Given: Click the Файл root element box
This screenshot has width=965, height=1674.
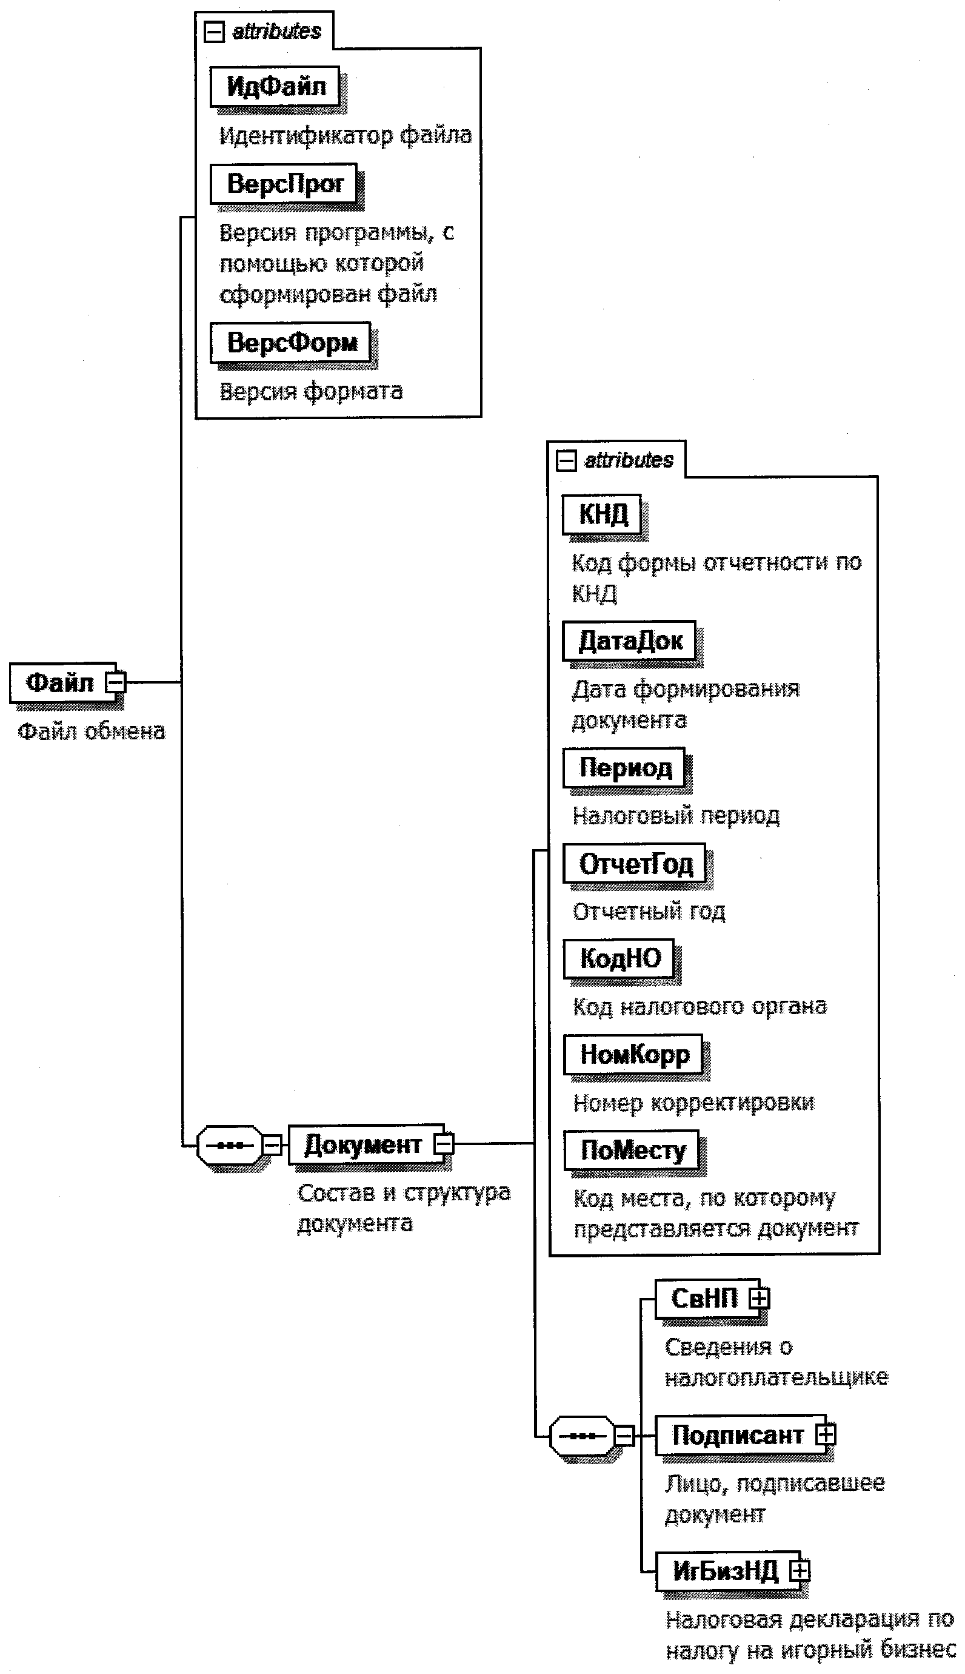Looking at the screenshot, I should click(59, 682).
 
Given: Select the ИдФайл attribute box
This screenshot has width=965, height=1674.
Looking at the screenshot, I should click(275, 86).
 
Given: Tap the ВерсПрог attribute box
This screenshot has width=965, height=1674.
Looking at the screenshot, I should click(284, 184).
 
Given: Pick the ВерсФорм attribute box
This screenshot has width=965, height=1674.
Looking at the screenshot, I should click(290, 342).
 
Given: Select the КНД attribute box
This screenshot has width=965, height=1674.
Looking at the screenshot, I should click(602, 514).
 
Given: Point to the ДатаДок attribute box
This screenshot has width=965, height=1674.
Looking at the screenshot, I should click(629, 640).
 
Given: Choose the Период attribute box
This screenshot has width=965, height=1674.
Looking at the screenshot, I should click(624, 768).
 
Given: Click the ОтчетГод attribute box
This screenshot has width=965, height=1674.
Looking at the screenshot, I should click(634, 863).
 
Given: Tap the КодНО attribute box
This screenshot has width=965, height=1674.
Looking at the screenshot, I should click(619, 959).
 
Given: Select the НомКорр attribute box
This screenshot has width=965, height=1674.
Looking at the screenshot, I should click(633, 1054).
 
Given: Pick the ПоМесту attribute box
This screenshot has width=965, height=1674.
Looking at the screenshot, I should click(632, 1150).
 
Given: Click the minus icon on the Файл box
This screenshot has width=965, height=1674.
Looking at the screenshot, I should click(116, 682).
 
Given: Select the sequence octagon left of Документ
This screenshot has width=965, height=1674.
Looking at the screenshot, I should click(229, 1145).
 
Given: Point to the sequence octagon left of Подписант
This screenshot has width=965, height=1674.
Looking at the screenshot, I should click(582, 1436).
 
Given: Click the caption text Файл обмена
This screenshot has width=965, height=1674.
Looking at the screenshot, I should click(91, 731).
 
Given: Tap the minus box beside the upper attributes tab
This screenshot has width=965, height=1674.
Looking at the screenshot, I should click(214, 32).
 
